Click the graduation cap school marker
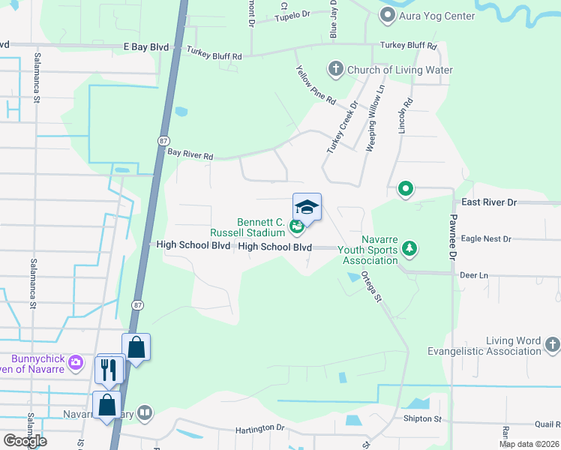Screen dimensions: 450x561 (x=307, y=205)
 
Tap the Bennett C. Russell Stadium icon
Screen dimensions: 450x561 (x=297, y=226)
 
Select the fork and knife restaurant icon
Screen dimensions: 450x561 (x=107, y=368)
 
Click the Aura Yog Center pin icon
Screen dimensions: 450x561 (x=387, y=15)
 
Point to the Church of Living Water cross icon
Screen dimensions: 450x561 (x=335, y=70)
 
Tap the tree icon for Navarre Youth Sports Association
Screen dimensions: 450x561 (x=409, y=247)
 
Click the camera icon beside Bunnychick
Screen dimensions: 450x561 (x=75, y=363)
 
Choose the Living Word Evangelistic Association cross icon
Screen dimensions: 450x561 (x=552, y=345)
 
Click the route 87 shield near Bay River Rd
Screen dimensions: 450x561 (x=163, y=141)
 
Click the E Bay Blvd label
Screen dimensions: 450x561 (x=147, y=46)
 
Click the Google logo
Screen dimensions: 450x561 (x=25, y=441)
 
